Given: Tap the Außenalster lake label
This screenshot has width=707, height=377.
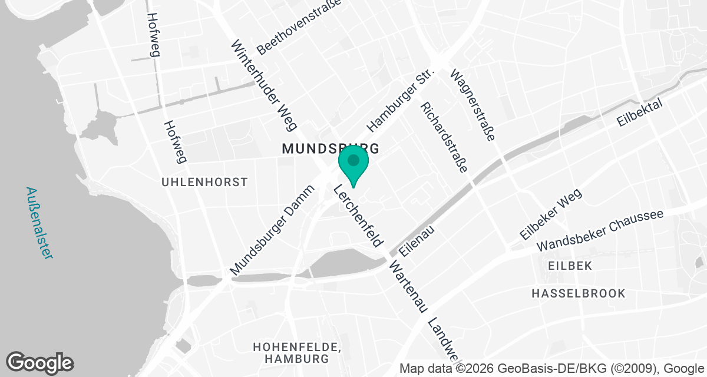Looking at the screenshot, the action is [39, 223].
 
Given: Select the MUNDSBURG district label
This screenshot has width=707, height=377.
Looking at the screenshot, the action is [329, 148].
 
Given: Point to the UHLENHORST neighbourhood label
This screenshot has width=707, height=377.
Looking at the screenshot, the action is [204, 183].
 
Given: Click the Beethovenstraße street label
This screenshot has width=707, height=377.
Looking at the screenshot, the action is [299, 28].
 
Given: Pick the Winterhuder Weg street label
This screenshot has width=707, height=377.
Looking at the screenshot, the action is [266, 85].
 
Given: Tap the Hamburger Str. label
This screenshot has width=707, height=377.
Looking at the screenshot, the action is [400, 100].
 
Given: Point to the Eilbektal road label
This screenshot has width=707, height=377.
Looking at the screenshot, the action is [640, 112].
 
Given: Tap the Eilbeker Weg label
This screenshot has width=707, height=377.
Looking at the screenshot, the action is [551, 214].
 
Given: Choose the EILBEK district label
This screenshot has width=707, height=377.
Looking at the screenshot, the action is [569, 266].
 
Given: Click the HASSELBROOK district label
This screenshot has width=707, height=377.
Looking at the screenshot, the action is [578, 293].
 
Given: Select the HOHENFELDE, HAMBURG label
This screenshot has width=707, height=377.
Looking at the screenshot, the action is [296, 352].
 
